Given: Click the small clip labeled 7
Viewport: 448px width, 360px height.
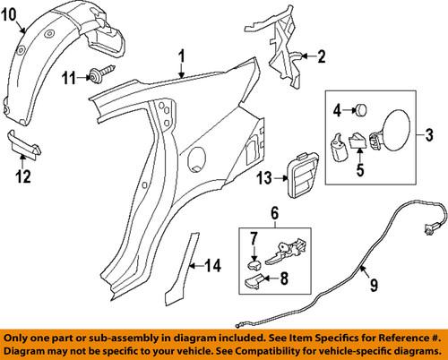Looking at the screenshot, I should [x=254, y=264].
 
